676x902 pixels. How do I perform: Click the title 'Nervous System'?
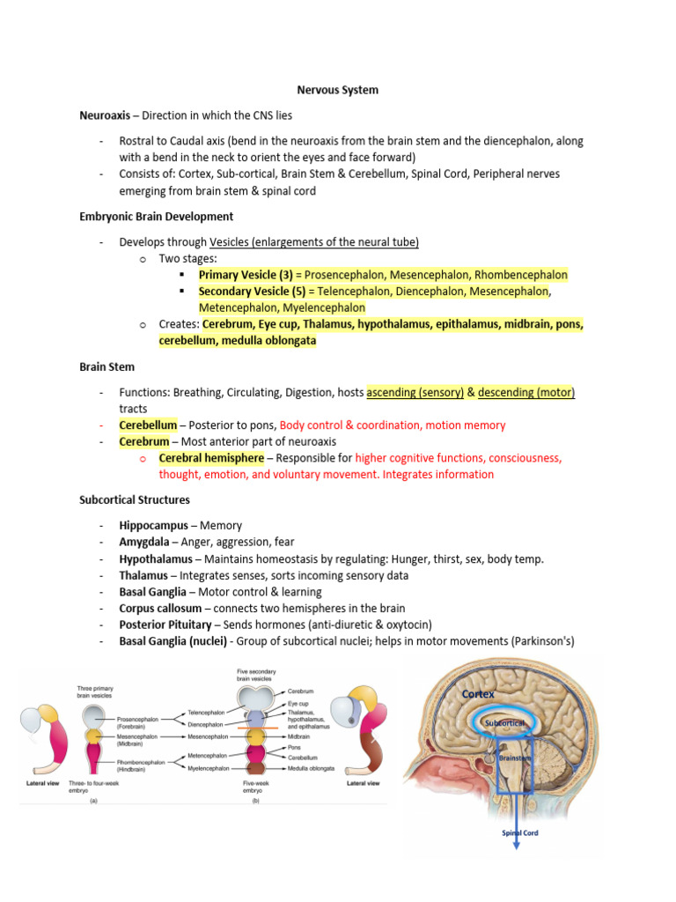(x=337, y=90)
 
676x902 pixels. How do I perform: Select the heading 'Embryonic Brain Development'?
(x=156, y=216)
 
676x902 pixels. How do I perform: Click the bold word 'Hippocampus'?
(x=153, y=526)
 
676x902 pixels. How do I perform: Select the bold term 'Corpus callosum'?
(x=162, y=609)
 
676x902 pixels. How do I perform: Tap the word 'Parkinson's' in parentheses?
(x=543, y=641)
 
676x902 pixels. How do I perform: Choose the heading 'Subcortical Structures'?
(x=134, y=500)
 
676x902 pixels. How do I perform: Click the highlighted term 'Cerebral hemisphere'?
(x=211, y=458)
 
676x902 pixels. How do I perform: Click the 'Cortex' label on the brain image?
(x=478, y=694)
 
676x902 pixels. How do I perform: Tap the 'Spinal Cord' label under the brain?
(x=519, y=833)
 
